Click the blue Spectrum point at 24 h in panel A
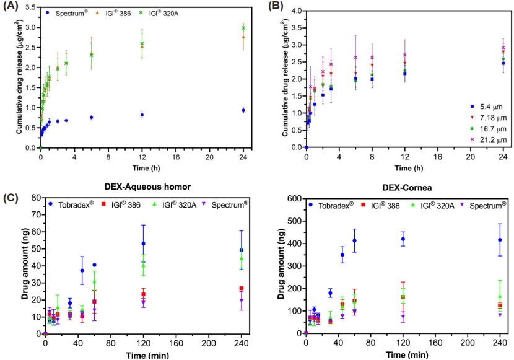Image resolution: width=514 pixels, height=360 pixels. pyautogui.click(x=243, y=110)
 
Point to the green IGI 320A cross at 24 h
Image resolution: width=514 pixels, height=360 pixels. pyautogui.click(x=243, y=28)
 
